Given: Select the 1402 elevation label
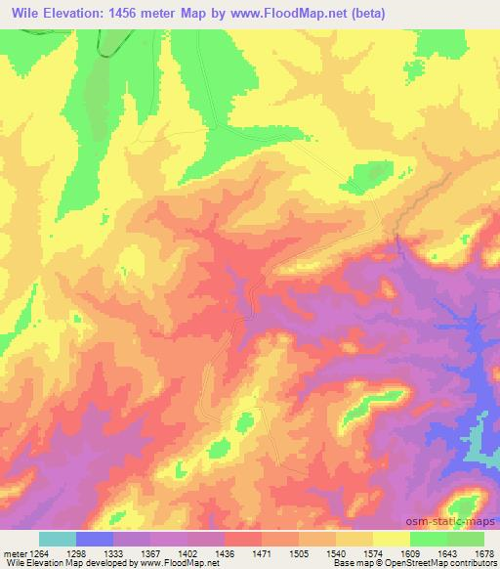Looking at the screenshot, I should point(186,551).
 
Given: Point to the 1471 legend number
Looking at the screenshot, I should point(262,551).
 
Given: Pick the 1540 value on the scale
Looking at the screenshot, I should point(337,551).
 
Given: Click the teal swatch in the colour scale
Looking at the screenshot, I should point(58,539).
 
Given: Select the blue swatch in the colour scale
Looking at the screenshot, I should point(95,539).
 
